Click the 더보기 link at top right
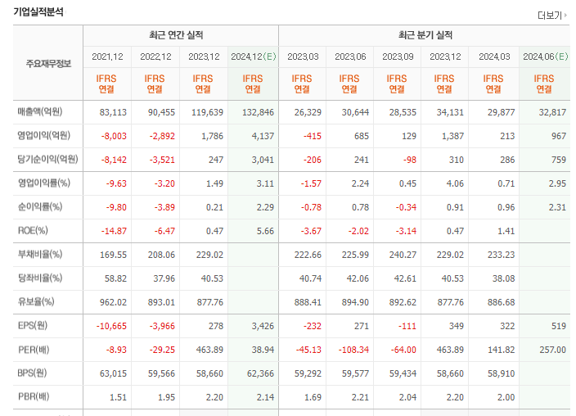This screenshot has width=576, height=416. [x=552, y=16]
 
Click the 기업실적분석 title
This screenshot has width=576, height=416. [x=38, y=11]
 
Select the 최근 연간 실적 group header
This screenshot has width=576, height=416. [x=176, y=35]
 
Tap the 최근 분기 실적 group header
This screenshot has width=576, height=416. [x=425, y=35]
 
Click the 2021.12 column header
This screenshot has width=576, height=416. [x=107, y=57]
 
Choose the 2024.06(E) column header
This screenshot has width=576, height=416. [x=546, y=57]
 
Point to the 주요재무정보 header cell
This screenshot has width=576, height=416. [x=48, y=64]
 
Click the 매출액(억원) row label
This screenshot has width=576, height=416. [x=40, y=111]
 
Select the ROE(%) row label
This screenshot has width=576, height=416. [x=33, y=231]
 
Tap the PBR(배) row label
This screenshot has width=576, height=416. [x=34, y=396]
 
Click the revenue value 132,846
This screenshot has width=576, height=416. [x=258, y=112]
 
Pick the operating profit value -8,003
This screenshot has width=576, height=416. [x=114, y=136]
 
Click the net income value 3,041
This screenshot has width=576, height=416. [x=263, y=160]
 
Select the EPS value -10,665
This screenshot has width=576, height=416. [x=111, y=326]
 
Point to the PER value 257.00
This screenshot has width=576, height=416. [x=552, y=350]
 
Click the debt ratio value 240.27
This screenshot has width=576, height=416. [x=403, y=255]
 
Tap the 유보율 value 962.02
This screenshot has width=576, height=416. [x=113, y=302]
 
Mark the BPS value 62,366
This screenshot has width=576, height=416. [x=260, y=373]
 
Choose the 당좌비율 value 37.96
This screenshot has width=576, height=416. [x=164, y=278]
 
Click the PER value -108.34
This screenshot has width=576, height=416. [x=353, y=350]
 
